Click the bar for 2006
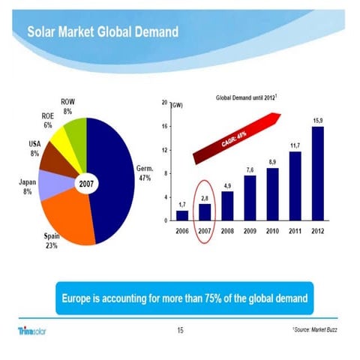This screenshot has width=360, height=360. click(181, 216)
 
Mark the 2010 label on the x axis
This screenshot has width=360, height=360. click(272, 232)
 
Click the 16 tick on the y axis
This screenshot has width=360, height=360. click(164, 126)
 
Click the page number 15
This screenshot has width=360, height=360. click(179, 329)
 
